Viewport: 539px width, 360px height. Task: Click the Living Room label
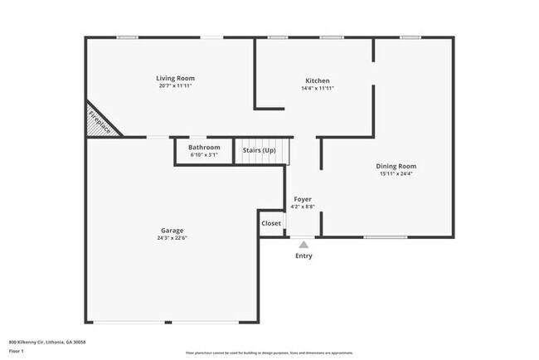(x=177, y=79)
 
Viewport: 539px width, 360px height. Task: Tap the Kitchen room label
(x=318, y=80)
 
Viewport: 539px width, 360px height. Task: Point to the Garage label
(x=172, y=231)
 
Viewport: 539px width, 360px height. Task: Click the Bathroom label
(x=203, y=147)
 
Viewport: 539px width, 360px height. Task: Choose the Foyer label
(x=303, y=200)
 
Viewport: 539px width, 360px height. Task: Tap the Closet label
(x=271, y=223)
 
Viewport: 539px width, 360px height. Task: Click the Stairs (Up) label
(x=259, y=150)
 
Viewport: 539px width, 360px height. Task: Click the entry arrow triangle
(x=303, y=245)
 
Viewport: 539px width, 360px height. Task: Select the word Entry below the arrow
(x=304, y=256)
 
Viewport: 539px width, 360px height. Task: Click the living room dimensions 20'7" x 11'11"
(x=177, y=86)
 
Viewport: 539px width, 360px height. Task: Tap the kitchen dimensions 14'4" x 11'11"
(x=318, y=88)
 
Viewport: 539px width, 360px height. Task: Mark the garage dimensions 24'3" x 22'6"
(x=172, y=238)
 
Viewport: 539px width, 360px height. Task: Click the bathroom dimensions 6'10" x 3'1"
(x=203, y=154)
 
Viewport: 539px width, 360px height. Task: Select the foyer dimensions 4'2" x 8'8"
(x=303, y=207)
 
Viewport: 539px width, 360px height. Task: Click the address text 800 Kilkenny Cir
(x=47, y=342)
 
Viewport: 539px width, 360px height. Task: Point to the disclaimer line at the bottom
(x=269, y=353)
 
